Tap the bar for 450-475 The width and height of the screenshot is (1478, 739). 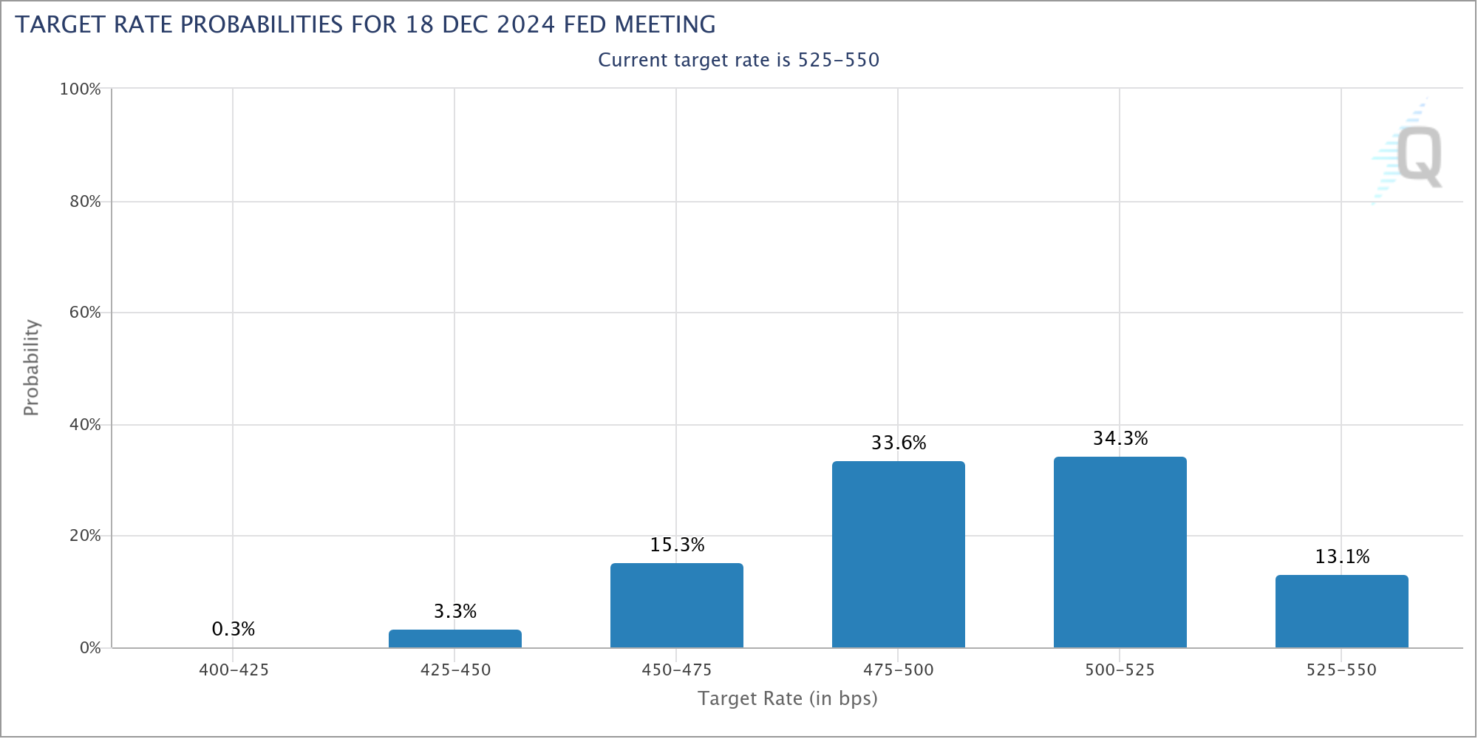click(676, 605)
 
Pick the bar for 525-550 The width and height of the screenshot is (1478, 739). click(1341, 611)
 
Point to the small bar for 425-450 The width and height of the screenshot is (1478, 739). click(454, 638)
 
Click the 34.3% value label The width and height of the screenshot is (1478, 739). click(1120, 438)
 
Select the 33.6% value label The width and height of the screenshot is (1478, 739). click(899, 443)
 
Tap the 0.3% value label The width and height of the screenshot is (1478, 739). click(234, 629)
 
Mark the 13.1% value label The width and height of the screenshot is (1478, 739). click(1342, 556)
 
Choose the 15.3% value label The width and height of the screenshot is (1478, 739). click(677, 545)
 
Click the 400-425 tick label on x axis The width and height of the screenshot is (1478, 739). click(234, 670)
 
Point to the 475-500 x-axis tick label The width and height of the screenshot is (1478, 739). click(898, 670)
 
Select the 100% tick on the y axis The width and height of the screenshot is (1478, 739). click(80, 89)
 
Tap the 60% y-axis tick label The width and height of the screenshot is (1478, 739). click(85, 313)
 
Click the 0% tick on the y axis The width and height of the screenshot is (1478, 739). click(90, 648)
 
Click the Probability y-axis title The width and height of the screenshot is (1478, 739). click(31, 367)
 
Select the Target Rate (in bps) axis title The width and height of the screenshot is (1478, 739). click(787, 698)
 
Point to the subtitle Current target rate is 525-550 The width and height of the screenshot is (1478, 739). click(738, 60)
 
